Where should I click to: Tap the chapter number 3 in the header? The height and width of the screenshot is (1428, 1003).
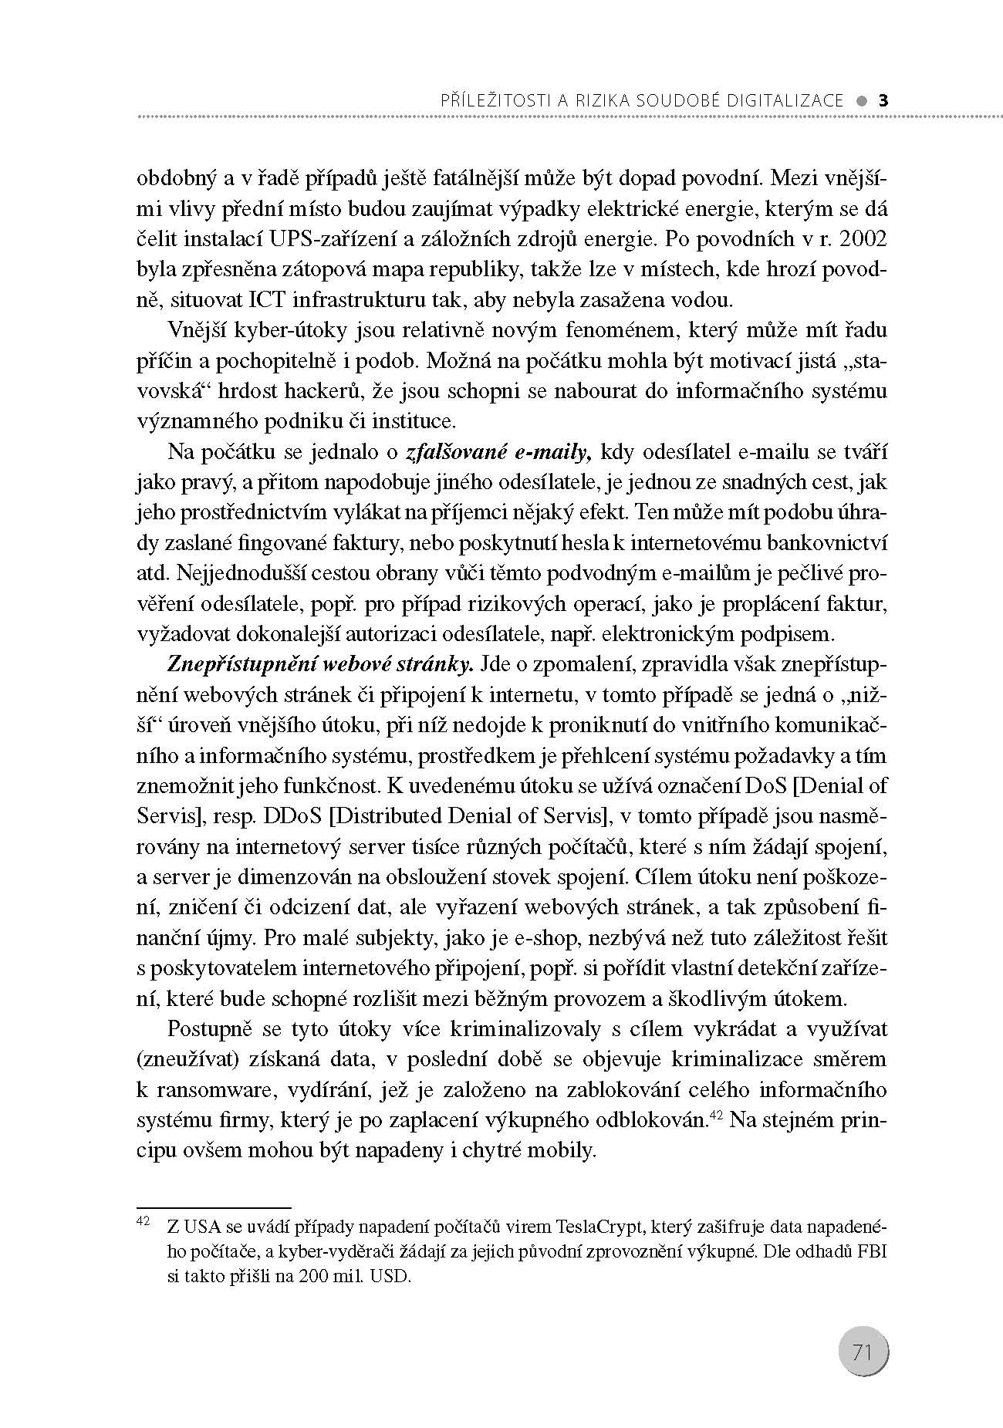click(x=884, y=100)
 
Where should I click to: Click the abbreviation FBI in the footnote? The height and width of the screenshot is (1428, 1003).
click(x=870, y=1251)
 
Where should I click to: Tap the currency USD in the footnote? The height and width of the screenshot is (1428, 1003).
click(x=390, y=1275)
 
